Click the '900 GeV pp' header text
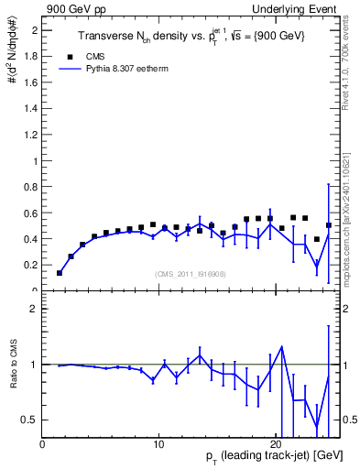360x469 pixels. pos(72,8)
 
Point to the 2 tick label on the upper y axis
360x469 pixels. pos(33,30)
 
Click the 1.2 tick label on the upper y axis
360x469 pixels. pos(29,135)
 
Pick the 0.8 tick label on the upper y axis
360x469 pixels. pos(29,187)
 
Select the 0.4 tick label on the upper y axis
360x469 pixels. pos(29,239)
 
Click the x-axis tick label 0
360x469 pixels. pos(42,445)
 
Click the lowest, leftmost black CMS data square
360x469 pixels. pos(60,273)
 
